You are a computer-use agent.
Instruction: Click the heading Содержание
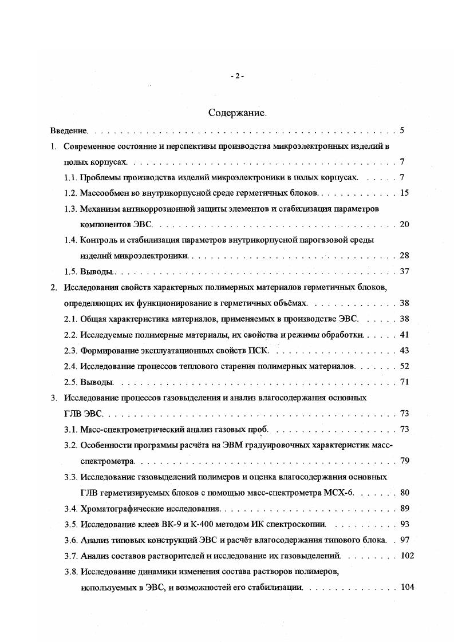click(x=237, y=113)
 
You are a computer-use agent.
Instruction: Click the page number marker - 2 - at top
click(x=237, y=76)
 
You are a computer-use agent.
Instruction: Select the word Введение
click(x=68, y=130)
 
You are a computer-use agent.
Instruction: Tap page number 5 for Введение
click(x=402, y=130)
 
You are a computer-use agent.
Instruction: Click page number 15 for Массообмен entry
click(x=404, y=193)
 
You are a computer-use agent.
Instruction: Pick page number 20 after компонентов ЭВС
click(x=404, y=224)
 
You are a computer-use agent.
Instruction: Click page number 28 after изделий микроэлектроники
click(x=404, y=255)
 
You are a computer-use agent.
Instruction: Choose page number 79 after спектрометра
click(x=404, y=460)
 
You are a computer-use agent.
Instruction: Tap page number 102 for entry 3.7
click(x=407, y=554)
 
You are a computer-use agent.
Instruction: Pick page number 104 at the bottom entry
click(x=407, y=587)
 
